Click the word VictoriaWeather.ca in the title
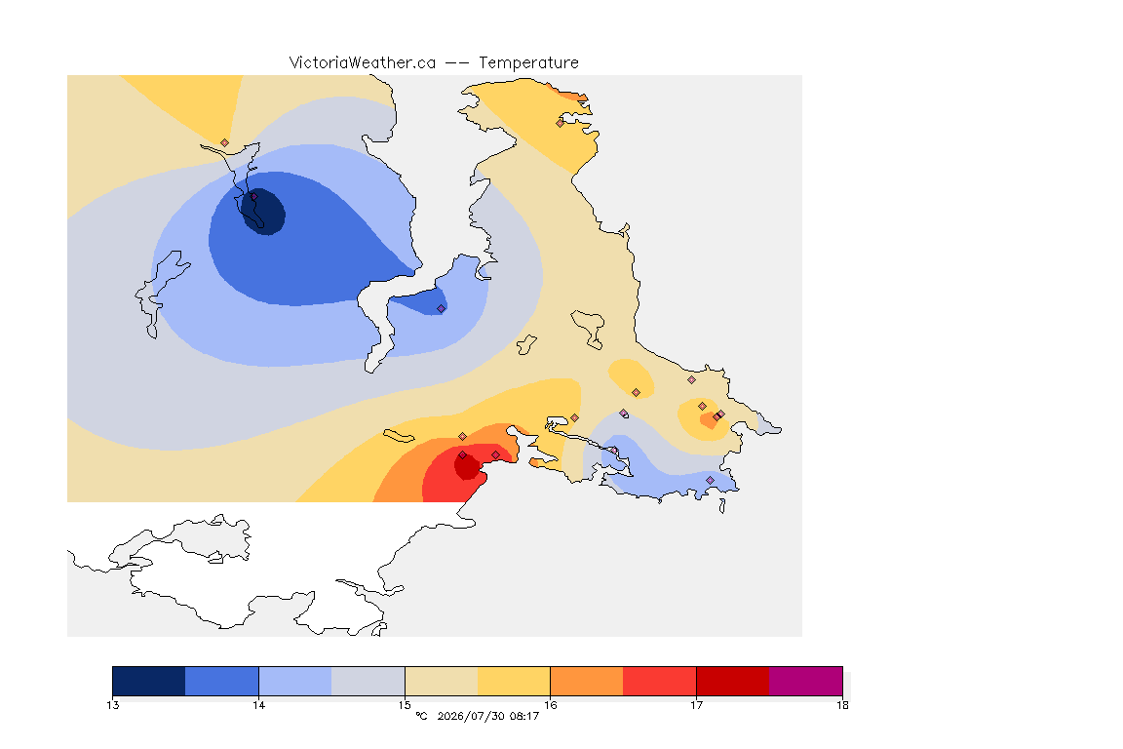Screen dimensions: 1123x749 point(363,63)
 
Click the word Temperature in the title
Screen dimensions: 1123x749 point(528,63)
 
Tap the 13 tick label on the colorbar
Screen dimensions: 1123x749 point(112,705)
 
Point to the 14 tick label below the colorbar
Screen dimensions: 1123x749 point(258,705)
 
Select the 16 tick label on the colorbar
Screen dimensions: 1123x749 point(550,705)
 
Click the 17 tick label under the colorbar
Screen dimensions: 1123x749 point(696,705)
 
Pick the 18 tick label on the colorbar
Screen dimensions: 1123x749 point(842,705)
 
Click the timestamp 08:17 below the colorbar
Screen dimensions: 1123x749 point(523,716)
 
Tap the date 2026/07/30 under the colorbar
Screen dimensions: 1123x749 point(469,716)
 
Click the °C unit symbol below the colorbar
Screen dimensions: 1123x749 point(421,716)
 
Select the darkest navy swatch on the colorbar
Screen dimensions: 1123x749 point(149,681)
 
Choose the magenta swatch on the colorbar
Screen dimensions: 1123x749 point(806,681)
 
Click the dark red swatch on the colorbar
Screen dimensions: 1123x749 point(733,681)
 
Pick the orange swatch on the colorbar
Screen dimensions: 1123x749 point(587,681)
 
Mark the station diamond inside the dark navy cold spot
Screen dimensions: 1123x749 point(253,196)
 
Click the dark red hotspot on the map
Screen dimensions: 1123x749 point(468,467)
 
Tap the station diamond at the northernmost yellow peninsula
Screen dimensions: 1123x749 point(561,123)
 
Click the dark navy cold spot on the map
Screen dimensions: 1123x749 point(263,212)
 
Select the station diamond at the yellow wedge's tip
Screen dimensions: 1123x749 point(225,143)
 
